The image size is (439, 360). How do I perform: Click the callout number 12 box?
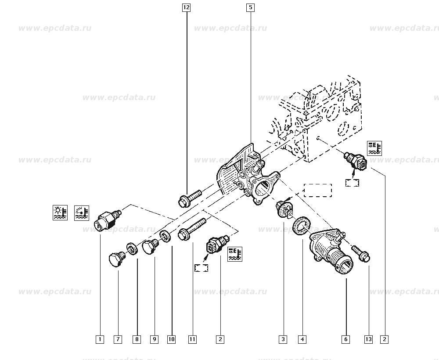tap(187, 7)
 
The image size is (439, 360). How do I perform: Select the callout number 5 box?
tap(250, 7)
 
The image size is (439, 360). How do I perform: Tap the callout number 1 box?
tap(100, 339)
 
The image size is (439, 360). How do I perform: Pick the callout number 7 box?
tap(118, 339)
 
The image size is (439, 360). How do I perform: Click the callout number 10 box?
tap(171, 339)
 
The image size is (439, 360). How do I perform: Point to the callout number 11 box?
tap(192, 339)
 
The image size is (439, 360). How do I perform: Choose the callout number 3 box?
tap(283, 339)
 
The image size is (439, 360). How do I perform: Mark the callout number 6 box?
tap(346, 339)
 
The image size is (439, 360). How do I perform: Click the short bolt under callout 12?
tap(189, 197)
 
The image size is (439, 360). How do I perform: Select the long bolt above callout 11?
tap(192, 230)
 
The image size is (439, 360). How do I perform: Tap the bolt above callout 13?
tap(361, 253)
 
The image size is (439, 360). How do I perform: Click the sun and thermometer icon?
tap(60, 212)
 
